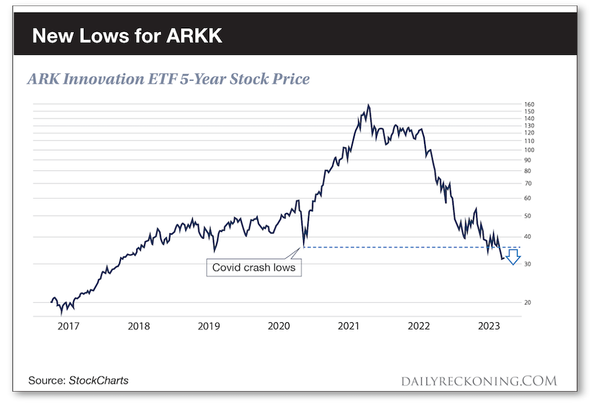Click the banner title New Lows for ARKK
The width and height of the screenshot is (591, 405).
click(x=127, y=36)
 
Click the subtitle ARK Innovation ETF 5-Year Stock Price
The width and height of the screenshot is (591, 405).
click(x=168, y=79)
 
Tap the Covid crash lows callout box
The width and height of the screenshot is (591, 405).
click(x=254, y=267)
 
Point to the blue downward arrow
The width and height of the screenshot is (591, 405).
click(x=513, y=257)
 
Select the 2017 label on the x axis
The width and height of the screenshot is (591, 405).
click(x=68, y=326)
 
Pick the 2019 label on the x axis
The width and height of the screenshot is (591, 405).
click(x=209, y=326)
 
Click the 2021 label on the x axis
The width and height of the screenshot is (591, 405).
click(x=348, y=326)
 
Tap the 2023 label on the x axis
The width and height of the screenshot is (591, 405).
click(x=488, y=326)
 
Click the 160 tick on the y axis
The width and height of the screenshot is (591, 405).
click(x=529, y=105)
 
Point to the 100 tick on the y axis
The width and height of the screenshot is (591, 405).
click(x=529, y=150)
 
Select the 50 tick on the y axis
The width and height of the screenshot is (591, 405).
click(x=528, y=216)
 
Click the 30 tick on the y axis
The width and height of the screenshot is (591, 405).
click(x=528, y=264)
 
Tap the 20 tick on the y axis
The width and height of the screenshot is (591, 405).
click(x=528, y=302)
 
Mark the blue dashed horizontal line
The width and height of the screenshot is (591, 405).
click(x=393, y=247)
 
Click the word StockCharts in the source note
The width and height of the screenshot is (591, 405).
click(x=99, y=381)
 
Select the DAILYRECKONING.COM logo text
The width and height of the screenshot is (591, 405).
click(x=478, y=381)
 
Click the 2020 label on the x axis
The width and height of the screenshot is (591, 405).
click(x=279, y=326)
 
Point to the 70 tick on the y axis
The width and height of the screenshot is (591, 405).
click(x=528, y=183)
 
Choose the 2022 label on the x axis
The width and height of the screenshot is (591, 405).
click(x=419, y=326)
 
